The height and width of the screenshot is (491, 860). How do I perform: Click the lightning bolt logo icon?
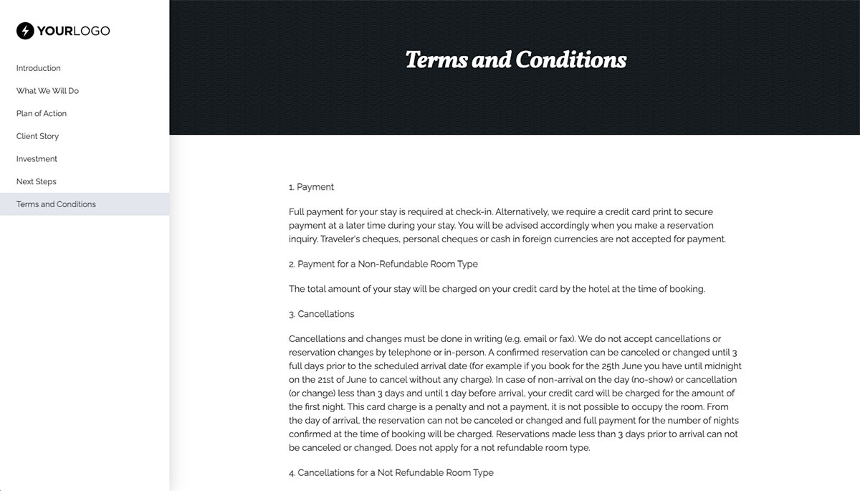click(x=25, y=31)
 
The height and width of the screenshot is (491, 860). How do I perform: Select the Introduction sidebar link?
click(x=39, y=68)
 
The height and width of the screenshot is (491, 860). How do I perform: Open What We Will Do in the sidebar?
click(x=47, y=91)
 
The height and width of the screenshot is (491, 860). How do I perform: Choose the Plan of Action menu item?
click(x=42, y=113)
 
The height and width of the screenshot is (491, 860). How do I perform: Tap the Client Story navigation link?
click(x=37, y=136)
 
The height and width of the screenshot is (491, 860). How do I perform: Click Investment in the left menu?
click(x=37, y=159)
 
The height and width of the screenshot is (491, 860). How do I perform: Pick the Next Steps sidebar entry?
click(x=37, y=181)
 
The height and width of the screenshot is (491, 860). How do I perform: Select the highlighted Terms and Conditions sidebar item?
click(x=56, y=204)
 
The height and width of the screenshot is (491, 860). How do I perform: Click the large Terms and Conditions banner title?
click(x=515, y=59)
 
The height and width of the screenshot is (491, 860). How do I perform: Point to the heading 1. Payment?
click(x=312, y=187)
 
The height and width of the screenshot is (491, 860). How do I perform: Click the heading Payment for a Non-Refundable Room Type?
click(x=383, y=264)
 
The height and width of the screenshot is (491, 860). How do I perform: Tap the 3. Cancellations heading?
click(x=322, y=314)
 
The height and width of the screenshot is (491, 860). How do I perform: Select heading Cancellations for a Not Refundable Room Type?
click(x=391, y=473)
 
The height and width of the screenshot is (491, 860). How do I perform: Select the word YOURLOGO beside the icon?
click(x=73, y=31)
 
